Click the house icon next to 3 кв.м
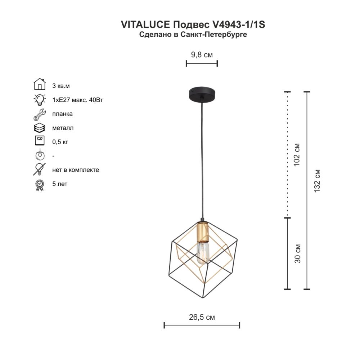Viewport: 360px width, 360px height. click(x=40, y=84)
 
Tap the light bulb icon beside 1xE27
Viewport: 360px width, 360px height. click(x=40, y=100)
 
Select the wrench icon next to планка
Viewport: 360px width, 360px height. click(x=40, y=114)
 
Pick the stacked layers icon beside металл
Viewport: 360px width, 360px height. click(x=40, y=128)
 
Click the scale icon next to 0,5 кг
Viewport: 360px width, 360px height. click(x=40, y=140)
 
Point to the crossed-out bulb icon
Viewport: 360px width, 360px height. click(x=40, y=169)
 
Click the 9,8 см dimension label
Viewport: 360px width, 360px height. click(x=202, y=55)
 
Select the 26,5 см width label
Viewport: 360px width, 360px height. click(x=202, y=317)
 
